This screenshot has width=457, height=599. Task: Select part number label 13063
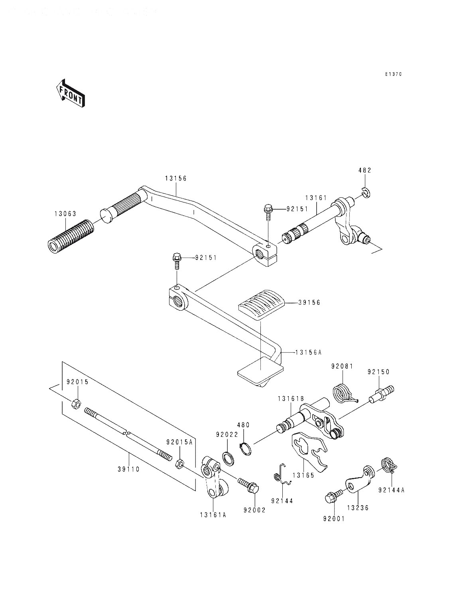coord(65,214)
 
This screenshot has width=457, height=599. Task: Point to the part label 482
coord(364,171)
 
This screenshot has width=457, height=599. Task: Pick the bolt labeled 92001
coord(332,498)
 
